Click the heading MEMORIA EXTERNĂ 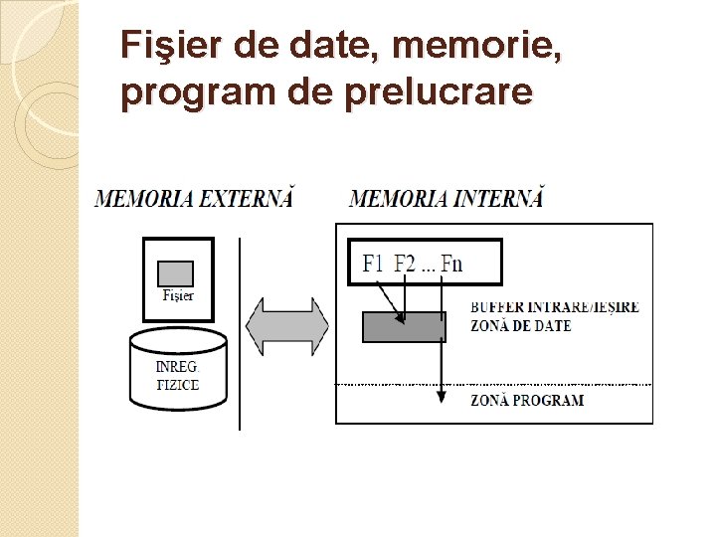tap(195, 198)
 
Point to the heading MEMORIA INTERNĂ tap(447, 198)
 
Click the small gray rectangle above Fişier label tap(177, 272)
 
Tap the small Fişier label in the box tap(178, 295)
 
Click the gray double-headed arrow tap(287, 326)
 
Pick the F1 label tap(374, 264)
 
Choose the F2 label tap(406, 264)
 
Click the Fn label tap(451, 264)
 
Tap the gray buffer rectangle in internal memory tap(404, 327)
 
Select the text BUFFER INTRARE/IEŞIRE tap(555, 308)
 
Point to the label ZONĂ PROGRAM tap(527, 401)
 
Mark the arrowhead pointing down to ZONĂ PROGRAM tap(441, 396)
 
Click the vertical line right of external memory tap(240, 333)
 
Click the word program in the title tap(189, 92)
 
